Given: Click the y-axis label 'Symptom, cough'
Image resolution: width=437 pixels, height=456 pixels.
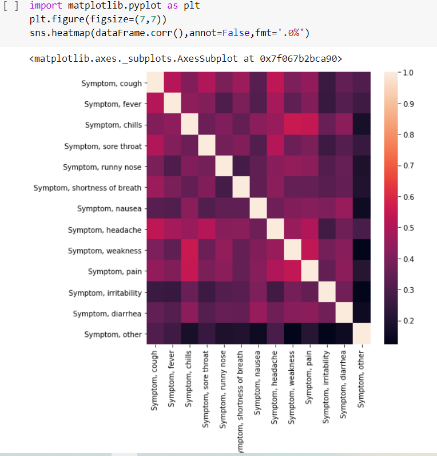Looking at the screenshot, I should [x=113, y=84].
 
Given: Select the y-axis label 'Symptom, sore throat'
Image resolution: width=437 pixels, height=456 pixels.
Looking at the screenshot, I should [x=103, y=146].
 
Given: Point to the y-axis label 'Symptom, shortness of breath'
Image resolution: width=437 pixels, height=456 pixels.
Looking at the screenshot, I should [x=88, y=188].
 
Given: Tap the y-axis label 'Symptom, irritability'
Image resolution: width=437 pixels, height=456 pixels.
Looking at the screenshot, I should [x=105, y=293].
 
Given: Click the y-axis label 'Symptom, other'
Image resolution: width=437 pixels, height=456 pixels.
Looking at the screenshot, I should [x=113, y=334].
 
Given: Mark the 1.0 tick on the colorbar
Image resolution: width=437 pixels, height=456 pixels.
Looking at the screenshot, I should [x=407, y=73].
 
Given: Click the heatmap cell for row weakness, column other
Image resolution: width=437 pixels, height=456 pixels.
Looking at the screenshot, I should [x=361, y=251].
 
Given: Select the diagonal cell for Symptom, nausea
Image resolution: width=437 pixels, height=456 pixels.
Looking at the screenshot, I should [x=259, y=209].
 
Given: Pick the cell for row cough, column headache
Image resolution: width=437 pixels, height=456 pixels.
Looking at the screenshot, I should [x=276, y=84].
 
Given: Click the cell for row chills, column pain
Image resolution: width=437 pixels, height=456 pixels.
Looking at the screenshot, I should [x=310, y=125].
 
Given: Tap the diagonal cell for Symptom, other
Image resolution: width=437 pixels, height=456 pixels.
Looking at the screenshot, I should [x=361, y=334].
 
